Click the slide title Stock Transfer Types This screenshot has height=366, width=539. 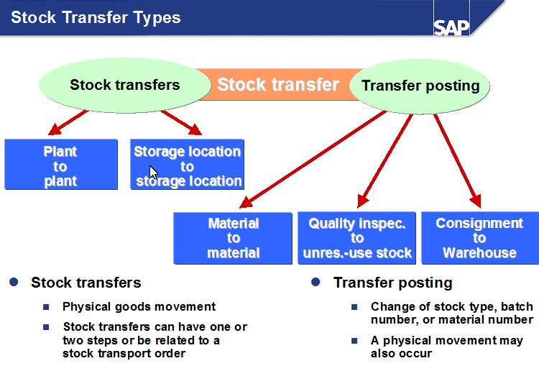96,17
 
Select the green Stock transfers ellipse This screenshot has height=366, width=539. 124,85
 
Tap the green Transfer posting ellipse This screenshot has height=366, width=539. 420,86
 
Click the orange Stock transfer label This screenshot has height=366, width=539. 278,85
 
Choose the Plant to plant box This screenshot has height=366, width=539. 61,165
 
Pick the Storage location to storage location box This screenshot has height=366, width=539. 188,165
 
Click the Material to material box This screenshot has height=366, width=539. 234,238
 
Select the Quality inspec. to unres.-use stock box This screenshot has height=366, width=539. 357,238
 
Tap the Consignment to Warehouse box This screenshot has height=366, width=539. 479,238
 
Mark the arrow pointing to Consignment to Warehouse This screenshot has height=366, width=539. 456,158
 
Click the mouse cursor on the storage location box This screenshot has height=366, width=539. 153,173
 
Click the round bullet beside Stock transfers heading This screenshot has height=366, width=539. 14,282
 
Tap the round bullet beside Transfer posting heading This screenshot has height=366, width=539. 315,282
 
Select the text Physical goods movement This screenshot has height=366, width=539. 139,306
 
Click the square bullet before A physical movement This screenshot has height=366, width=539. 354,341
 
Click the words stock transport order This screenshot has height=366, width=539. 124,353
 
